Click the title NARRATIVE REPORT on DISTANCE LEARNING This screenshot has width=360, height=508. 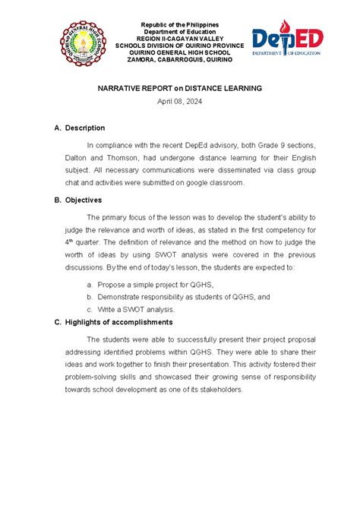[179, 88]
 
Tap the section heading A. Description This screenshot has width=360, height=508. [79, 128]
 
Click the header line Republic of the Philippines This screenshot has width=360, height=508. [179, 16]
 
